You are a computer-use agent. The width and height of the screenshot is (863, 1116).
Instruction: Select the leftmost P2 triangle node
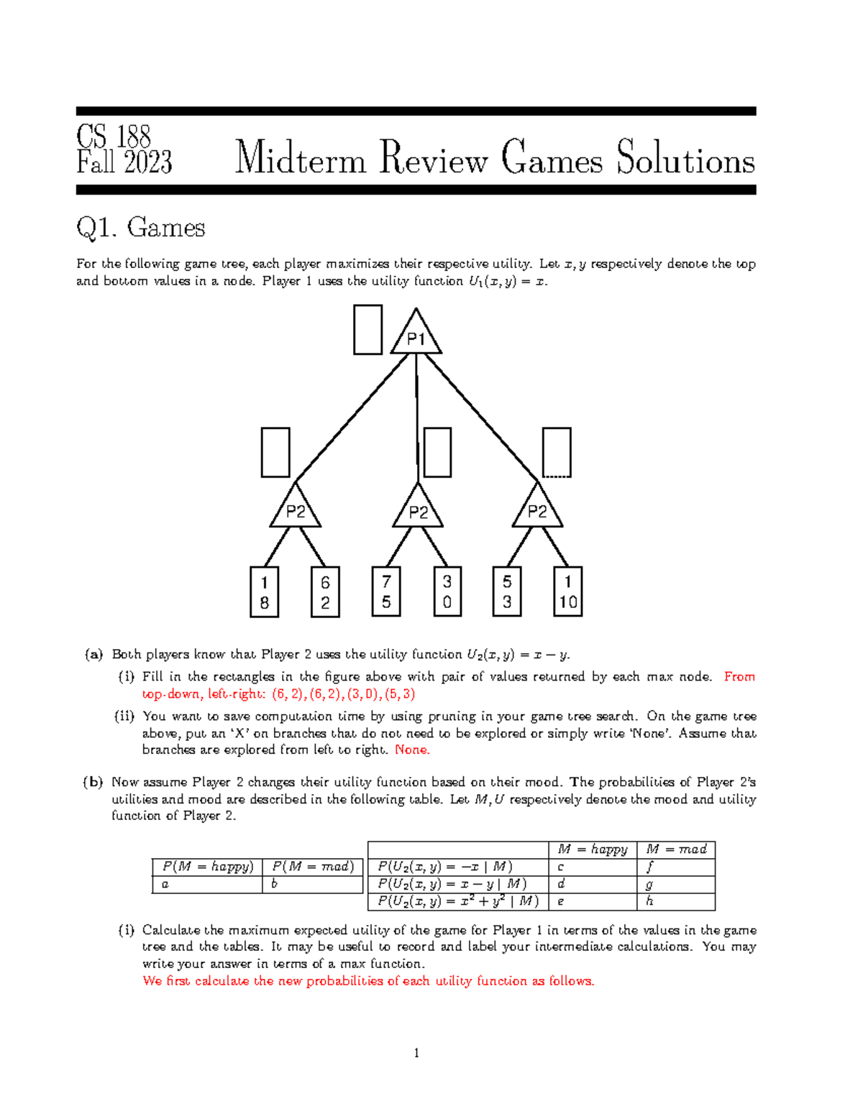point(296,509)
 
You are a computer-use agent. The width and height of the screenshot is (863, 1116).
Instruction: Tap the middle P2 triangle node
point(418,509)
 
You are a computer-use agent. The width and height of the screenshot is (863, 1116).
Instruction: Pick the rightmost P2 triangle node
point(537,509)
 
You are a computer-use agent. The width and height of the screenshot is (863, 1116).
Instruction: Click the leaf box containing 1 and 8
point(265,592)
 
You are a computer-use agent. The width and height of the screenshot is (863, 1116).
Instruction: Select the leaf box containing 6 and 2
point(325,592)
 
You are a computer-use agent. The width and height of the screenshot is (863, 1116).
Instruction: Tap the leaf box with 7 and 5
point(386,592)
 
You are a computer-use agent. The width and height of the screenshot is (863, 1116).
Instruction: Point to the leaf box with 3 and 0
point(447,592)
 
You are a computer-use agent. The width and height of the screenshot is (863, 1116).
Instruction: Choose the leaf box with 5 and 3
point(507,592)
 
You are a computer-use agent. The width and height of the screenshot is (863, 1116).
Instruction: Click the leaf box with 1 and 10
point(568,592)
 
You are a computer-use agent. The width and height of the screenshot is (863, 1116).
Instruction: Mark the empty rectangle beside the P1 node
point(367,330)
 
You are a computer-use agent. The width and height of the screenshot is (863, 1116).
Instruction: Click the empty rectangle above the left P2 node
point(275,453)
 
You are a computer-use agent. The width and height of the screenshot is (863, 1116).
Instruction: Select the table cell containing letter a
point(207,885)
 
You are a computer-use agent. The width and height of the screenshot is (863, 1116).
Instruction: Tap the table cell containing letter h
point(675,901)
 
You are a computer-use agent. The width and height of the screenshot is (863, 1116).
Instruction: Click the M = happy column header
point(592,849)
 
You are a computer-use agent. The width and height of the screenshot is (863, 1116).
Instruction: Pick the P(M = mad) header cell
point(313,867)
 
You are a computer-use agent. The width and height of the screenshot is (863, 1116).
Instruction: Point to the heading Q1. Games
point(141,229)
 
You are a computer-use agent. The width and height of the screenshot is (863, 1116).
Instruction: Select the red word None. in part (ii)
point(412,750)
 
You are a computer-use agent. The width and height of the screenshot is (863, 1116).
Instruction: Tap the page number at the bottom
point(416,1053)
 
